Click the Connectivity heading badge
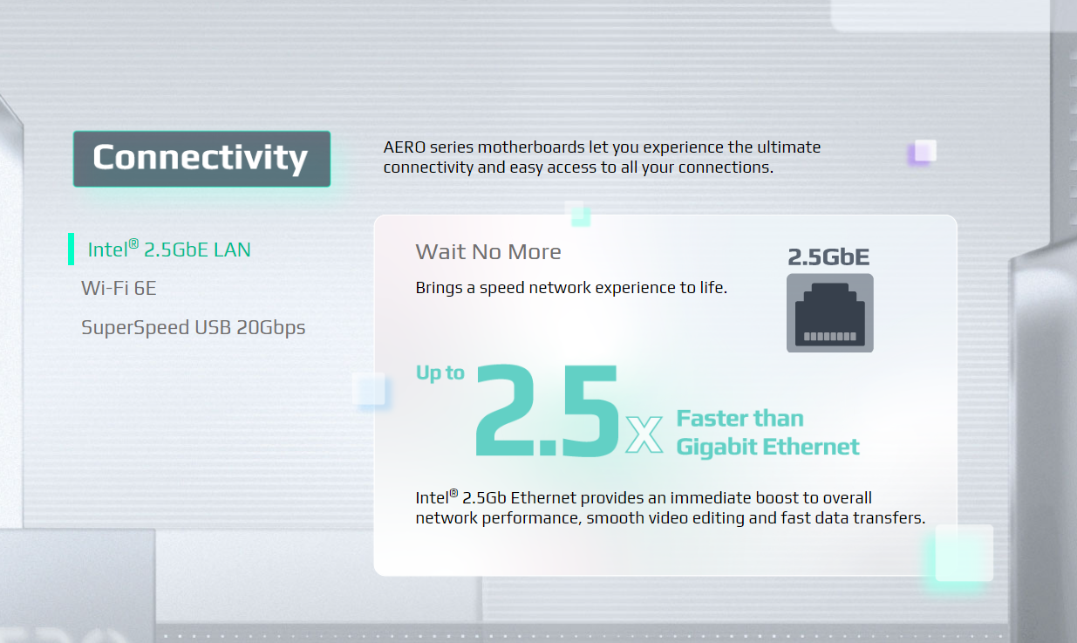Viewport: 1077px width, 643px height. point(202,159)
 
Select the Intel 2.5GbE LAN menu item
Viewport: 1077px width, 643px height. point(169,250)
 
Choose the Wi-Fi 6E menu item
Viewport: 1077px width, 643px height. point(119,288)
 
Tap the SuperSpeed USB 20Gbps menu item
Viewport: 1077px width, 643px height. point(194,327)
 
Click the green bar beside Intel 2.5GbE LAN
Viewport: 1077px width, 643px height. point(72,250)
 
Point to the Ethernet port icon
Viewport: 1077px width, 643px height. point(830,313)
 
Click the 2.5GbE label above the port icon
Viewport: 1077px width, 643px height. point(828,257)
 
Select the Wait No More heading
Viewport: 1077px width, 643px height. point(488,251)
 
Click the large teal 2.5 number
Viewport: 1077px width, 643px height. point(547,410)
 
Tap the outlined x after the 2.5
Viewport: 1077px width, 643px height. point(644,434)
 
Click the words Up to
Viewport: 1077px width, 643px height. point(440,373)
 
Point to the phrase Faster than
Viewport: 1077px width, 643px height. point(740,419)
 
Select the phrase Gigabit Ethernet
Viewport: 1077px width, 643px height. point(767,447)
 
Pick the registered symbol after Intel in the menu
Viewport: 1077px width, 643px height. point(133,243)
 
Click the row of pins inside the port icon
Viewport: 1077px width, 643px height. point(830,336)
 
